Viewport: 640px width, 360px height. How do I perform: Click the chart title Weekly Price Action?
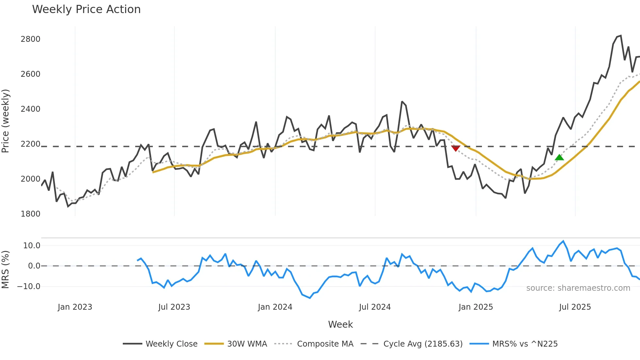tap(86, 9)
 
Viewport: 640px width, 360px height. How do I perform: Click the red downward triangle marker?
tap(456, 148)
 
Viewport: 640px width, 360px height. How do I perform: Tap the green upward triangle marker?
tap(559, 157)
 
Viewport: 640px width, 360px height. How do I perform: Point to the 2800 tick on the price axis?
tap(30, 39)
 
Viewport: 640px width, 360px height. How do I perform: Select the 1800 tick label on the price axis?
tap(30, 214)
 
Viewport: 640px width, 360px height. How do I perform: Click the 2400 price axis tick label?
tap(30, 109)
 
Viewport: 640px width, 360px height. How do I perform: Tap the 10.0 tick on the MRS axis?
tap(32, 246)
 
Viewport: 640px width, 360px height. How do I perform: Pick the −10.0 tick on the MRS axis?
tap(29, 286)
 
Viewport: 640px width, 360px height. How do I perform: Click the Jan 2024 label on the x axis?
tap(275, 307)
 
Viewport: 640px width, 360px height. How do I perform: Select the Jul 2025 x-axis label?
tap(575, 307)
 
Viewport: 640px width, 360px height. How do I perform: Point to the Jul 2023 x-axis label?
tap(174, 307)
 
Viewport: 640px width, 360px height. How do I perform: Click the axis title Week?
tap(340, 324)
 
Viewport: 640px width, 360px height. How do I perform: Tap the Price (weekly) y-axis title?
tap(6, 121)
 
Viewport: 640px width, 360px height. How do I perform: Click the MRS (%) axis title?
tap(6, 270)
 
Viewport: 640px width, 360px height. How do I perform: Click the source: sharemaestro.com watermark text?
tap(578, 288)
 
